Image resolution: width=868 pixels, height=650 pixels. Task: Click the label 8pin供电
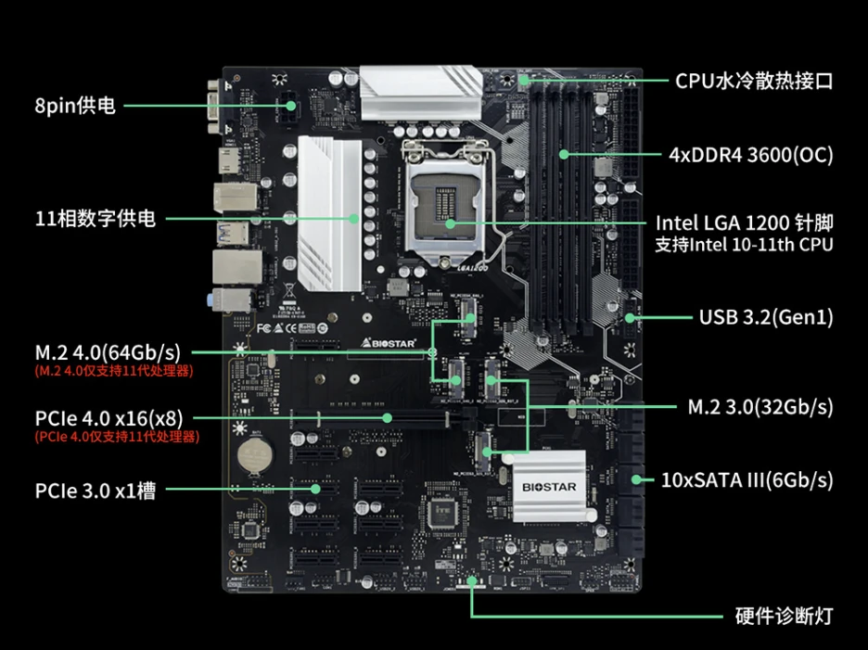pos(75,106)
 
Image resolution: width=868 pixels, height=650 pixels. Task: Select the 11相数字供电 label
pos(96,220)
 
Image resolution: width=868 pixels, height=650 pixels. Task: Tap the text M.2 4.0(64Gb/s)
pos(108,352)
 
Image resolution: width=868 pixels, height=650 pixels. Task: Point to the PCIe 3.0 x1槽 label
pos(95,490)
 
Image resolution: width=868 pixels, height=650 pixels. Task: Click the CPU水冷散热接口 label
pos(753,81)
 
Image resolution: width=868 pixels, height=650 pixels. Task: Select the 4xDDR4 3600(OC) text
pos(750,154)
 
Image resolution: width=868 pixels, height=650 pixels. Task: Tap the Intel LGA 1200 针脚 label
pos(744,223)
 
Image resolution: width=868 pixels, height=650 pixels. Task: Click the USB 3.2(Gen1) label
pos(765,317)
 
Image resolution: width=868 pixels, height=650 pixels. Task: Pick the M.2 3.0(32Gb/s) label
pos(760,406)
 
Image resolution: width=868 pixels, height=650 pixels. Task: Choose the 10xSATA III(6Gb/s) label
pos(747,479)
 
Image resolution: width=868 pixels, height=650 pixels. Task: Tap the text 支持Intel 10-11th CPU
pos(744,245)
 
